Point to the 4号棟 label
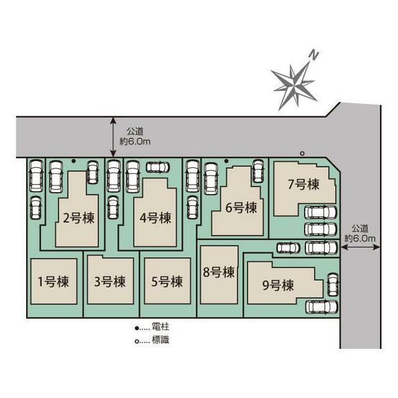[x=155, y=218]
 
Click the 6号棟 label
[x=241, y=208]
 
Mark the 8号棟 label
[x=218, y=272]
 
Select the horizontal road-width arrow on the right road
[x=361, y=248]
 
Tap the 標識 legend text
[x=159, y=340]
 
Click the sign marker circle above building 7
[x=302, y=153]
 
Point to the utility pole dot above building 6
[x=227, y=161]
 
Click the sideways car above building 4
[x=157, y=167]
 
